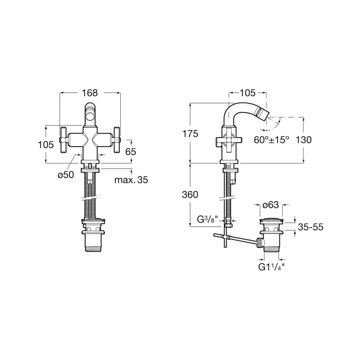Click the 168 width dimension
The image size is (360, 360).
point(90,93)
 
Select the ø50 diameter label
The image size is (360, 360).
point(66,175)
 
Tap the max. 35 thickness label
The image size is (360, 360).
point(131,180)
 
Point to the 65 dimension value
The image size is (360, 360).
point(131,152)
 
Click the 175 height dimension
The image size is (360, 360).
point(190,134)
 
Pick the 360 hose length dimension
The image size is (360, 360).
point(190,195)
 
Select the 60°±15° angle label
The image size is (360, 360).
point(271,140)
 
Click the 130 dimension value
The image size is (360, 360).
point(303,140)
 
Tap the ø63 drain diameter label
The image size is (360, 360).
point(270,205)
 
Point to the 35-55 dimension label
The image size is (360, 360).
point(311,227)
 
